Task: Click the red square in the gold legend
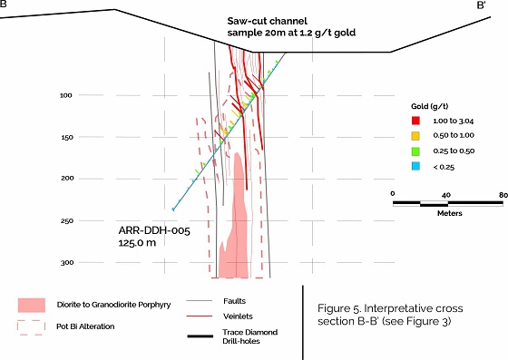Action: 415,121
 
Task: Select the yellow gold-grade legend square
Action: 415,136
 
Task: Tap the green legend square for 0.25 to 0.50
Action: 415,151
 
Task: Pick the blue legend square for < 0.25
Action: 415,167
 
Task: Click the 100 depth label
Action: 65,95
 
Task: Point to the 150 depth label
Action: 67,137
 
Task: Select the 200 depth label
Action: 67,179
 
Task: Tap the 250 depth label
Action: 67,220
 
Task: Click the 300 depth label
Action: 67,263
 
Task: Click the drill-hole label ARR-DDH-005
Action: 154,230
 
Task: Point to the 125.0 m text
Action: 137,243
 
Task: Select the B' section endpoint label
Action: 481,5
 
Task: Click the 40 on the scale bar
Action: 446,195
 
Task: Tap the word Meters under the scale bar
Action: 450,213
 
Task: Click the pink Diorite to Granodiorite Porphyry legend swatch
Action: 32,306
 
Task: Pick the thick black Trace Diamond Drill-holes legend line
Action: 200,336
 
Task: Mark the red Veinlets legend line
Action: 200,316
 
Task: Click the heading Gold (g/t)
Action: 430,106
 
